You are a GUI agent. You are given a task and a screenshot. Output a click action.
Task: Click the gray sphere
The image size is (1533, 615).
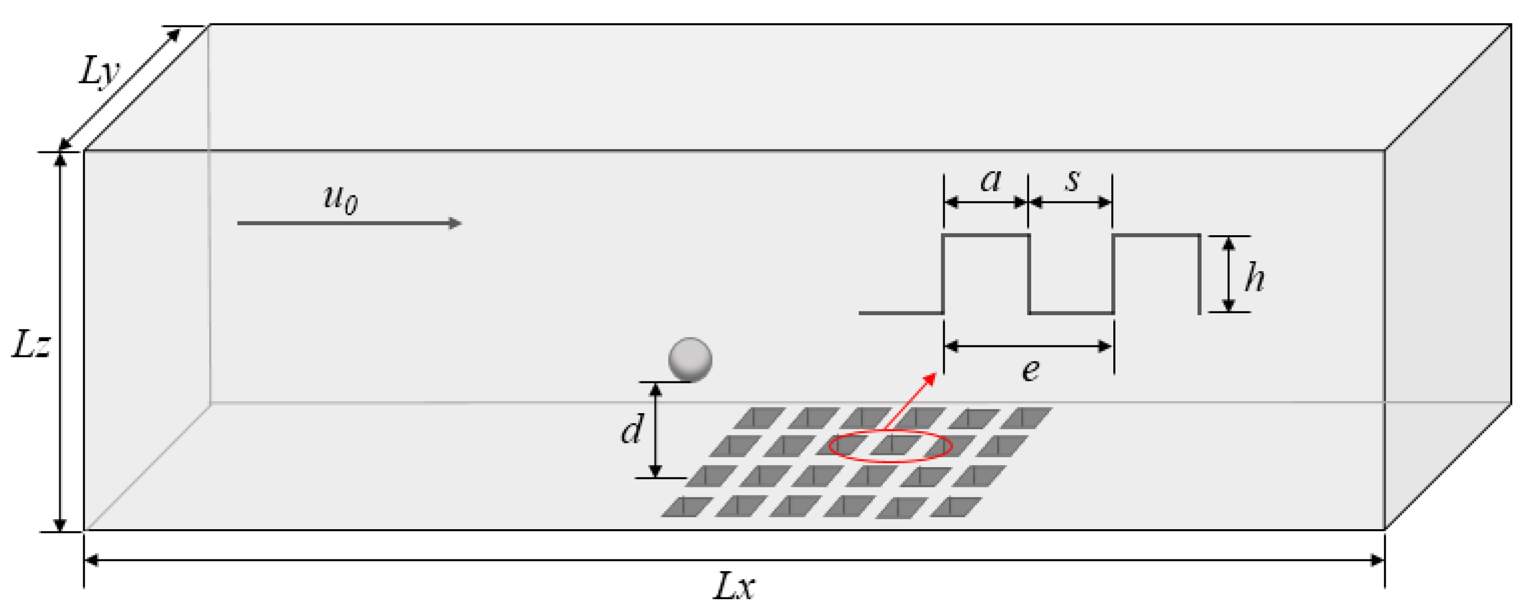click(x=690, y=360)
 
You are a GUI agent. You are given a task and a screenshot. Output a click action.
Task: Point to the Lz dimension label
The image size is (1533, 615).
click(x=31, y=345)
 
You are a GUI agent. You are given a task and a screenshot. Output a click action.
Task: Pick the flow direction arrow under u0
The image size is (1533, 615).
click(x=349, y=223)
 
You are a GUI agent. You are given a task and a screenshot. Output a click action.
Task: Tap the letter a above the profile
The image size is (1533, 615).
click(x=990, y=180)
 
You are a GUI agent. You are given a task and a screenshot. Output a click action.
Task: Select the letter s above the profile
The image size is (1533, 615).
click(x=1073, y=180)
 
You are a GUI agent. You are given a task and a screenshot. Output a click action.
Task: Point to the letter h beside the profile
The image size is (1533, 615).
click(x=1254, y=277)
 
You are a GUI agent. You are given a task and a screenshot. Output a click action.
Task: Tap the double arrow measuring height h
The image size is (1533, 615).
click(x=1229, y=273)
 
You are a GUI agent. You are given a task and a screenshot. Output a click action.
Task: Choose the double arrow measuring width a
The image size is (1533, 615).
click(x=986, y=202)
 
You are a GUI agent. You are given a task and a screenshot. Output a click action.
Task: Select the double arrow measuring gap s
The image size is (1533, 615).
click(x=1070, y=202)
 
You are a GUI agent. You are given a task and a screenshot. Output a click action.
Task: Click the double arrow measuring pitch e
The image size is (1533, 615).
click(x=1029, y=345)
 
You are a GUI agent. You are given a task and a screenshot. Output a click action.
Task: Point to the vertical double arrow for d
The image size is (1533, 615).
click(x=655, y=430)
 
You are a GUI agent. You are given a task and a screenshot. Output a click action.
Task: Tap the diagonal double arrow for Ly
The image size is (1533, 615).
click(x=119, y=89)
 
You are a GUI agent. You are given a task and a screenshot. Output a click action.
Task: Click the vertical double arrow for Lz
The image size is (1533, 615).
click(x=59, y=342)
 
